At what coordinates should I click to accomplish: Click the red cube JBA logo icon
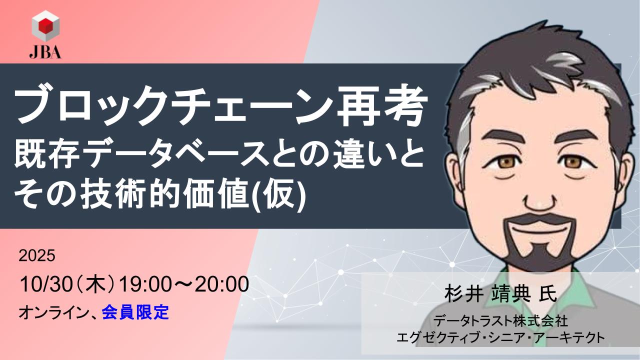click(x=45, y=25)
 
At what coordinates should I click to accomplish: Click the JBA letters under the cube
click(x=45, y=52)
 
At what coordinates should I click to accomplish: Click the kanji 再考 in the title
click(x=382, y=106)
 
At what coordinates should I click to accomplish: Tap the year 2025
click(x=37, y=255)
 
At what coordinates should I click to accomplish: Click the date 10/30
click(x=45, y=284)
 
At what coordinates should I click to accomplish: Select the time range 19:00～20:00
click(x=183, y=284)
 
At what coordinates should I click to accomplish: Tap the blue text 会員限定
click(x=135, y=312)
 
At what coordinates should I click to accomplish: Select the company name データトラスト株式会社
click(x=500, y=320)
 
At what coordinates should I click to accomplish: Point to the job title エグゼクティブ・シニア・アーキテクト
click(x=500, y=337)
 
